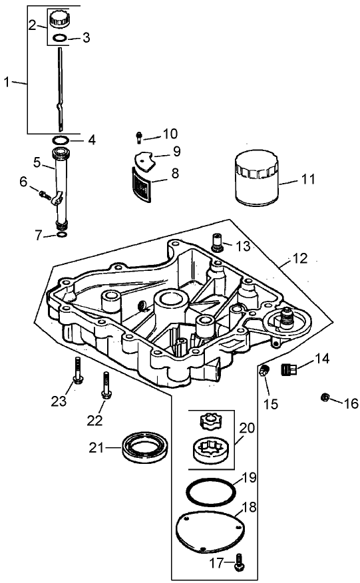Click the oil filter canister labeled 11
point(256,178)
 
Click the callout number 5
point(37,161)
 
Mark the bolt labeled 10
point(61,234)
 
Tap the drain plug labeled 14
point(138,138)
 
